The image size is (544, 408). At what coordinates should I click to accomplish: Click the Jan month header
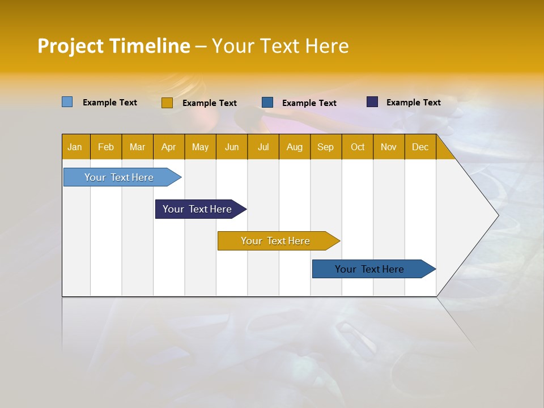pyautogui.click(x=75, y=147)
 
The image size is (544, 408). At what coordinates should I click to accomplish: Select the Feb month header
pyautogui.click(x=106, y=147)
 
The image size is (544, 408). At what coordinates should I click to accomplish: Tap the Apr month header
pyautogui.click(x=168, y=147)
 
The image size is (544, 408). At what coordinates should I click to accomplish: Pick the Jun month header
pyautogui.click(x=232, y=147)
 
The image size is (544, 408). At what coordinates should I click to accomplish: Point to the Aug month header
pyautogui.click(x=294, y=147)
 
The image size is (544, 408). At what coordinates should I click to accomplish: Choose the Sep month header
pyautogui.click(x=325, y=147)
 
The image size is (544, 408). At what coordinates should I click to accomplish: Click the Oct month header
pyautogui.click(x=358, y=147)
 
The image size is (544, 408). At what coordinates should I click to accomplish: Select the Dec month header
pyautogui.click(x=420, y=147)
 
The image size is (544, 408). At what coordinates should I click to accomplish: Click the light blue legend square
pyautogui.click(x=67, y=102)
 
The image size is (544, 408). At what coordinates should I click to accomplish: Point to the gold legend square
pyautogui.click(x=167, y=103)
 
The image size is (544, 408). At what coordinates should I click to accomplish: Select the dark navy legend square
pyautogui.click(x=372, y=102)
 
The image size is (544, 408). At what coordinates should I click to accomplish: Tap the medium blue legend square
pyautogui.click(x=267, y=103)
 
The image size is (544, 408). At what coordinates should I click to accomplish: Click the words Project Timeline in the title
pyautogui.click(x=114, y=46)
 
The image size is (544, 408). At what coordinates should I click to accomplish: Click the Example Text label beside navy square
pyautogui.click(x=413, y=103)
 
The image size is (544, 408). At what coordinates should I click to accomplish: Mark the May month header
pyautogui.click(x=200, y=147)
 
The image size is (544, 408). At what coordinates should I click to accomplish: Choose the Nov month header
pyautogui.click(x=389, y=147)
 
